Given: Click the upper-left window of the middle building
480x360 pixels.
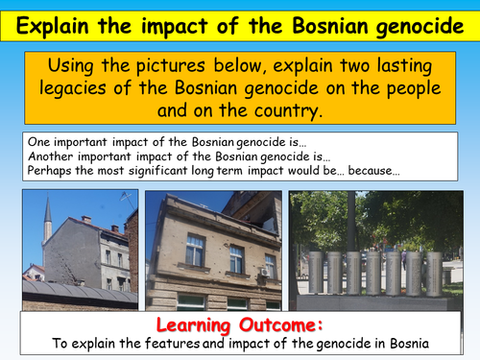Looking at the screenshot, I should pos(196,250).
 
